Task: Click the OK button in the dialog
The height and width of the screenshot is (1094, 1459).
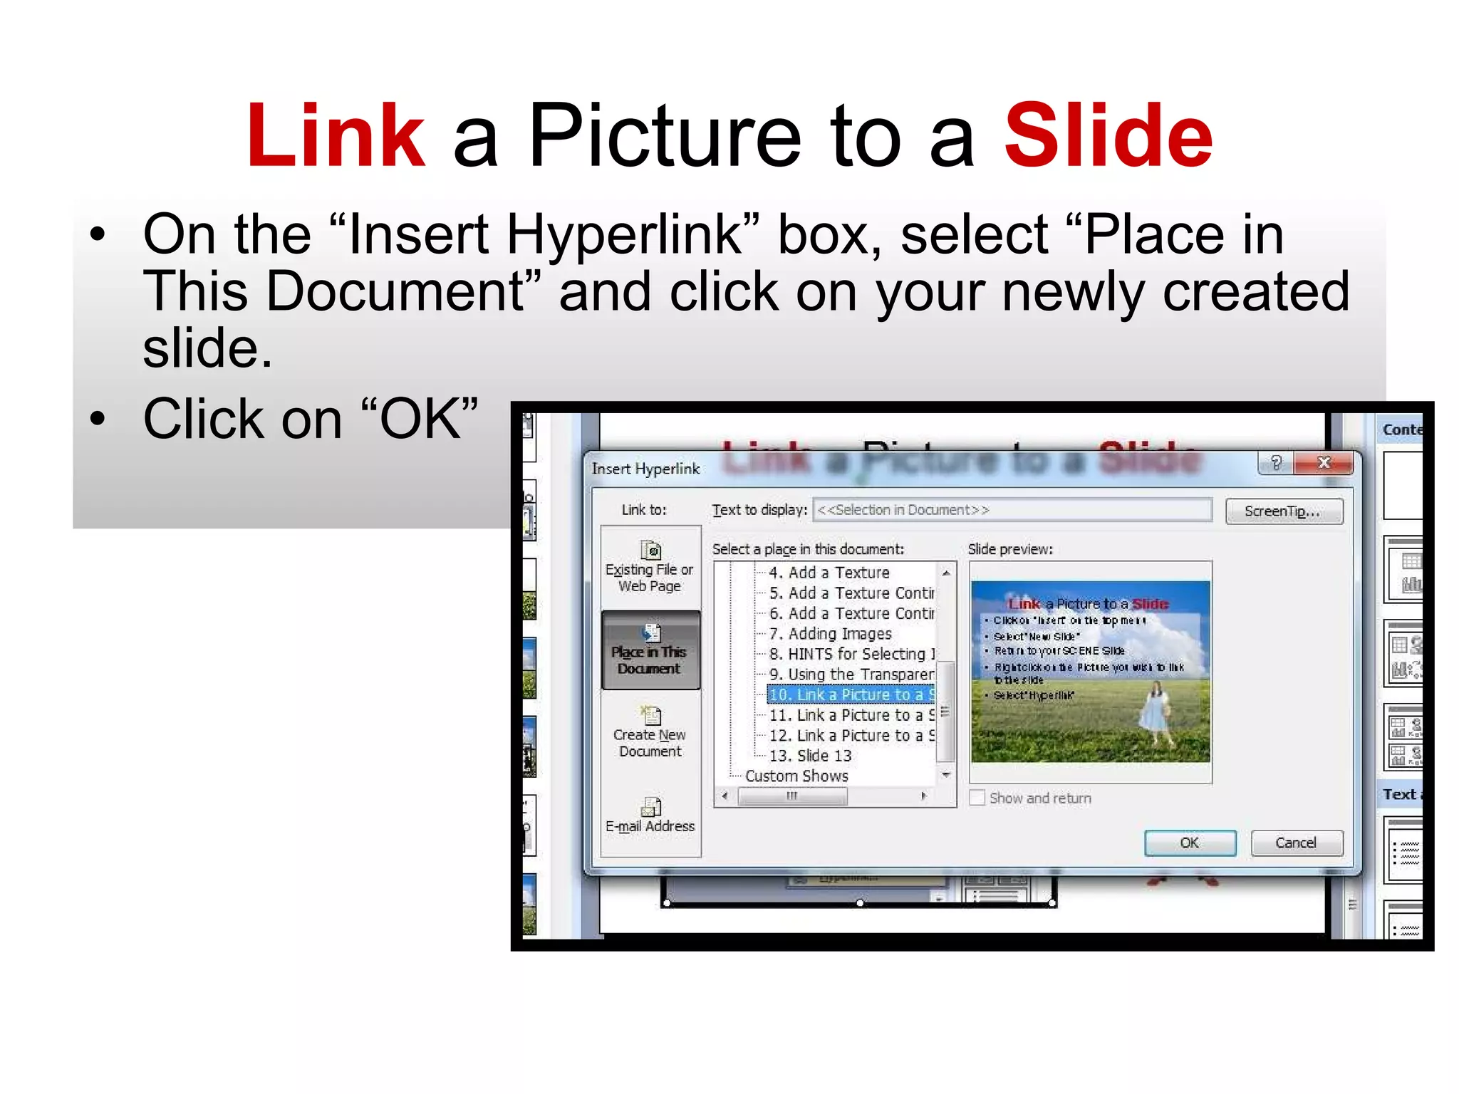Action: pyautogui.click(x=1190, y=843)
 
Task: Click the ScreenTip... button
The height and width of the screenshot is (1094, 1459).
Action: pyautogui.click(x=1284, y=511)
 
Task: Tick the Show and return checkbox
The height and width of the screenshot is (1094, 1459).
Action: pyautogui.click(x=977, y=798)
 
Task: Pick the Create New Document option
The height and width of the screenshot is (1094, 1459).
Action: pyautogui.click(x=650, y=734)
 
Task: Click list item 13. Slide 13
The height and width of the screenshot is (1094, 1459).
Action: pyautogui.click(x=810, y=756)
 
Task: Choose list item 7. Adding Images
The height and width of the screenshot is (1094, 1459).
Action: pyautogui.click(x=830, y=634)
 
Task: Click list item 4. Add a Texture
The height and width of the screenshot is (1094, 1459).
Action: pyautogui.click(x=829, y=573)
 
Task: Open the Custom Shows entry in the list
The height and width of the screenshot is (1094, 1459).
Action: pyautogui.click(x=796, y=776)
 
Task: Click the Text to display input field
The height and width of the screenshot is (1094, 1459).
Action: pyautogui.click(x=1012, y=510)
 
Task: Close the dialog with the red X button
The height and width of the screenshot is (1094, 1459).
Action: pyautogui.click(x=1324, y=463)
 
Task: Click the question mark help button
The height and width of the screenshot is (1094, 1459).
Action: pyautogui.click(x=1276, y=463)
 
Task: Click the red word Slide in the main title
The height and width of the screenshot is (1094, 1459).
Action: pyautogui.click(x=1108, y=136)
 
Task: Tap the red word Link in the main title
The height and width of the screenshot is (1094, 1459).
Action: pyautogui.click(x=336, y=136)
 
